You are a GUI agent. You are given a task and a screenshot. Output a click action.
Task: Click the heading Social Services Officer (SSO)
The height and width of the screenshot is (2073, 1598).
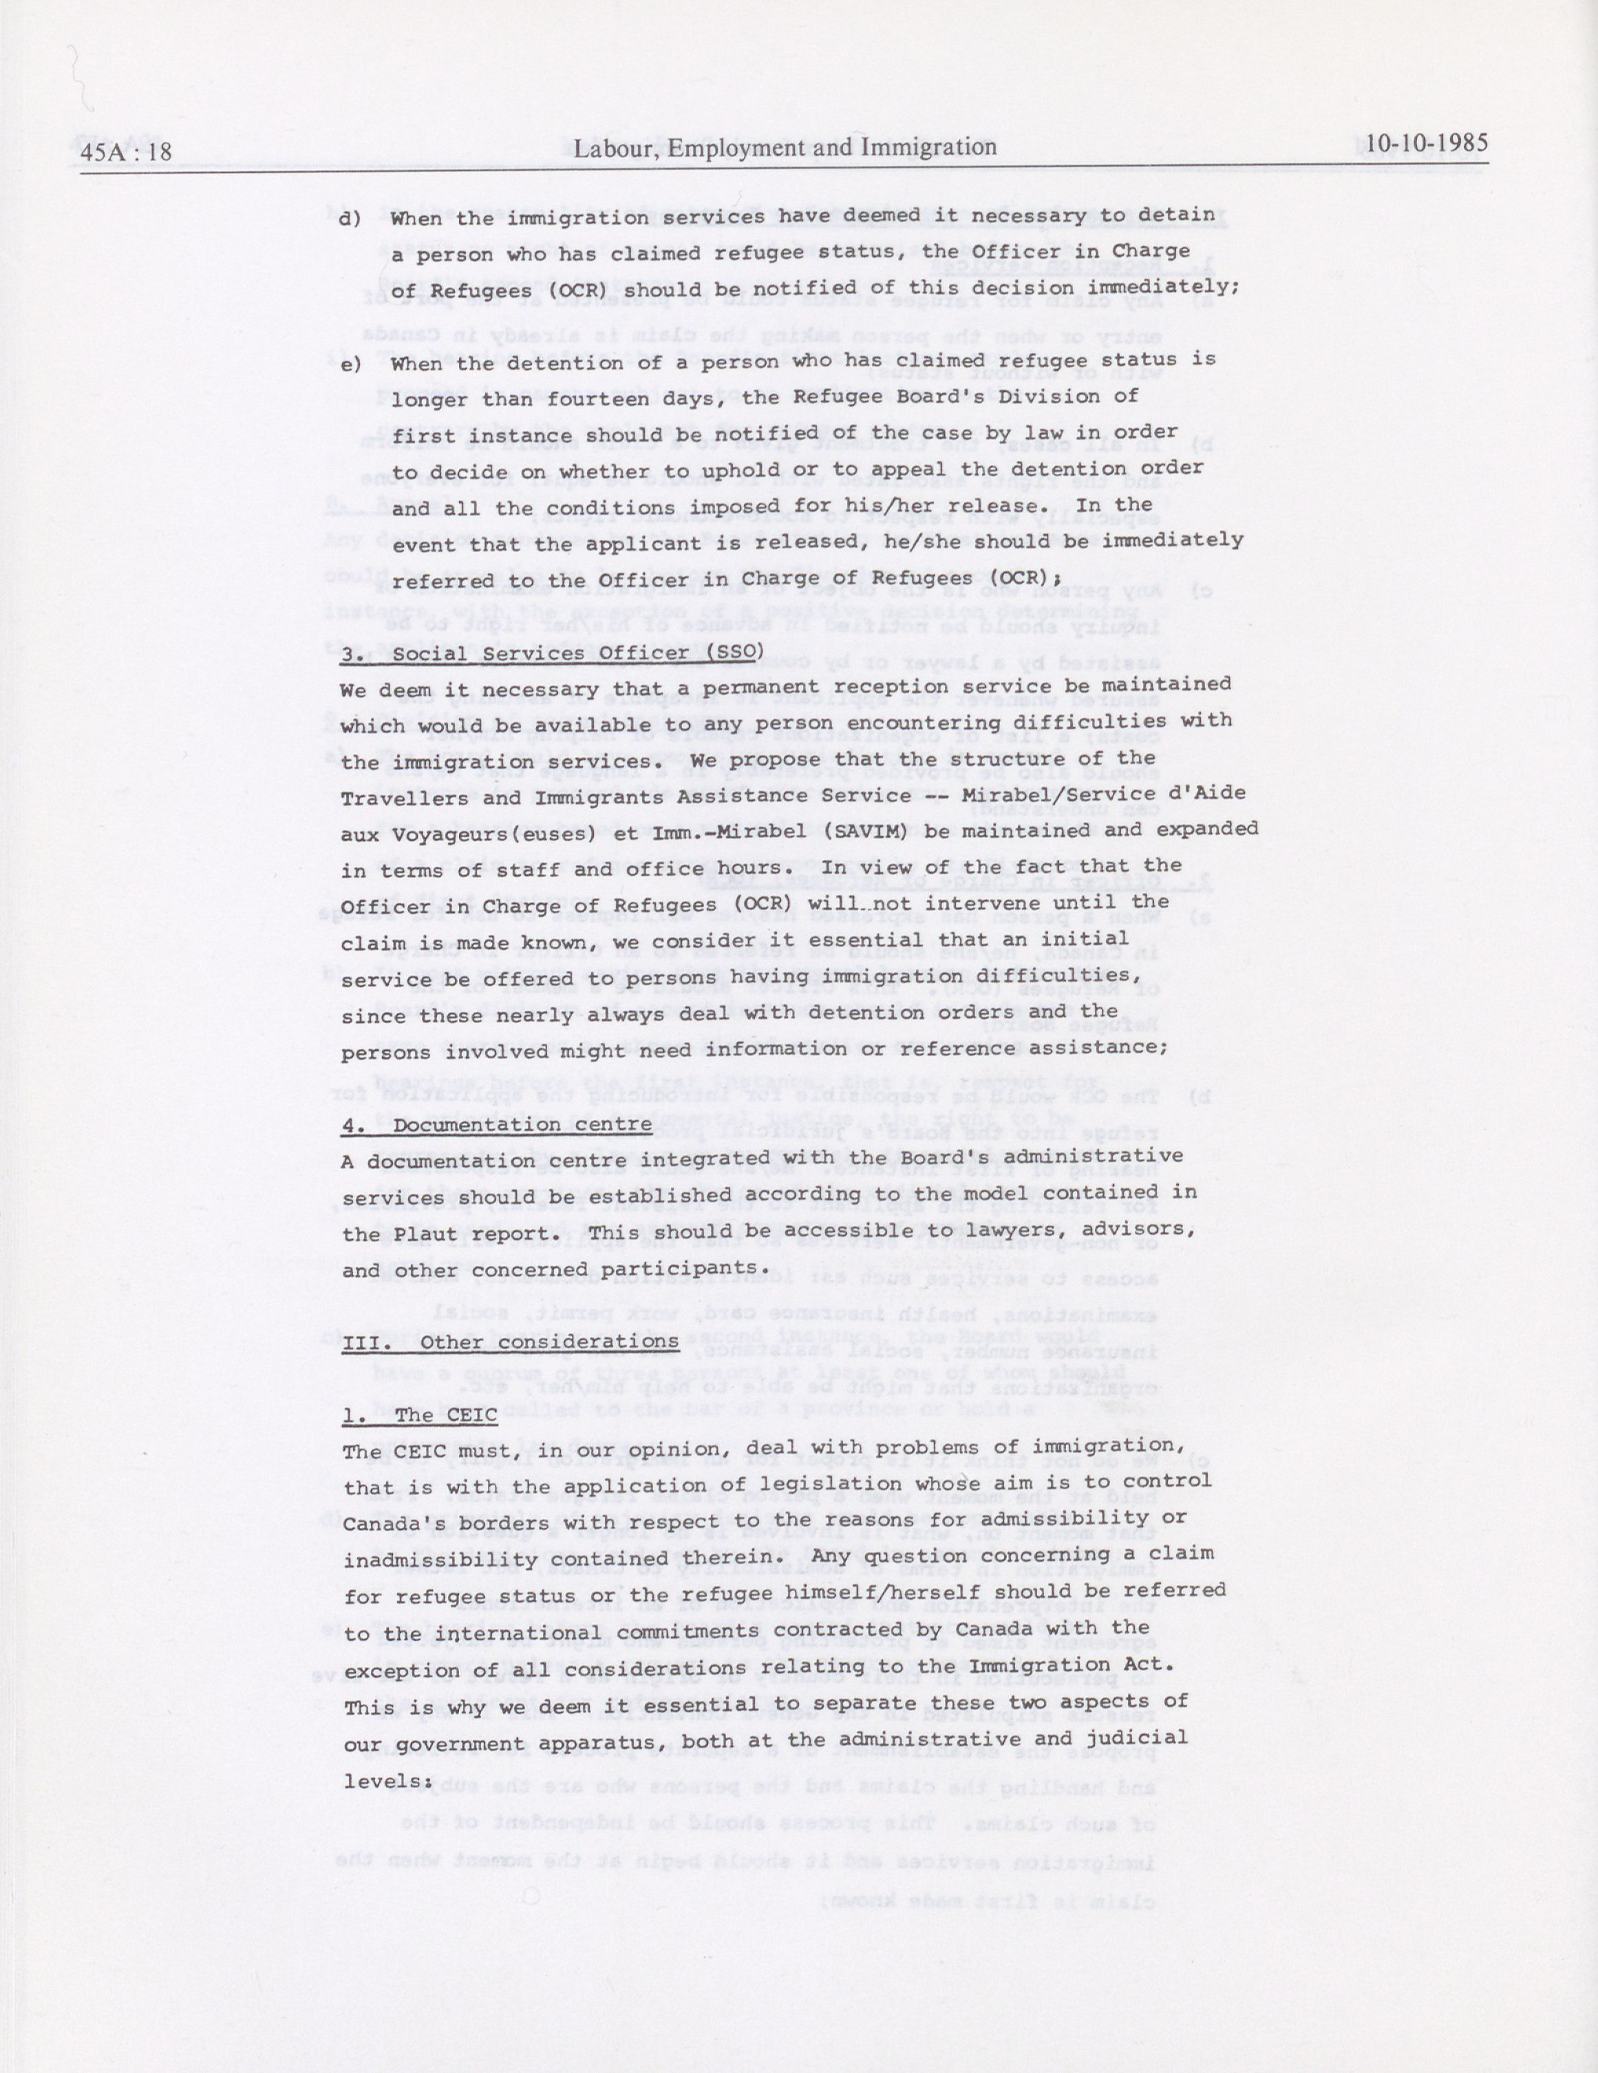coord(553,653)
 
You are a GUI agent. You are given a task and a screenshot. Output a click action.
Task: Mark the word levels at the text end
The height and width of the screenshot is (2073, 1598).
coord(381,1782)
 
